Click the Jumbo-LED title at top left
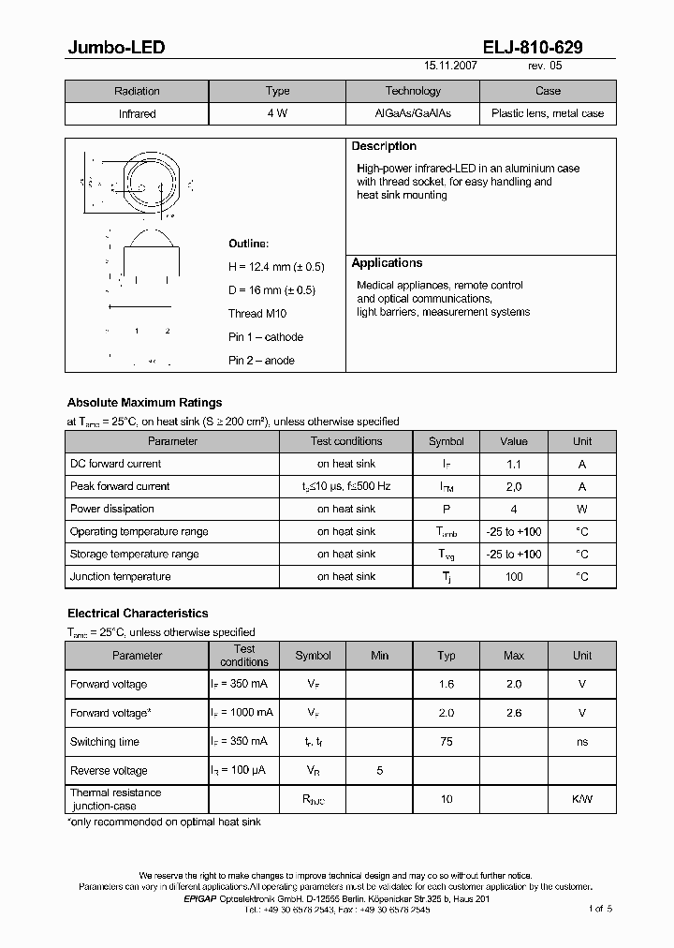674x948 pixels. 116,48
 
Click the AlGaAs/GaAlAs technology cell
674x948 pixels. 413,113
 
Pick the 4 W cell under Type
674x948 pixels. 278,113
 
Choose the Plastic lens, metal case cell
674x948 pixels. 548,113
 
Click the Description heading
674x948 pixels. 384,147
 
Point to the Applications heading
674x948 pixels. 387,263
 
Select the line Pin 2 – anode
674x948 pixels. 261,361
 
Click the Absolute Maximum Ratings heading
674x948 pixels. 144,403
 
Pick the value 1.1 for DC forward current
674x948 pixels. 514,464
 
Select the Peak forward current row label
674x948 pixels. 120,486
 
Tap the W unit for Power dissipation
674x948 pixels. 582,509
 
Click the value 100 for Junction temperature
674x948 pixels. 514,577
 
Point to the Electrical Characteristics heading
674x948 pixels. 138,614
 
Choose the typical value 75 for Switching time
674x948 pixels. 447,742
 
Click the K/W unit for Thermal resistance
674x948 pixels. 582,799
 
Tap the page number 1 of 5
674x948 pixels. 600,909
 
